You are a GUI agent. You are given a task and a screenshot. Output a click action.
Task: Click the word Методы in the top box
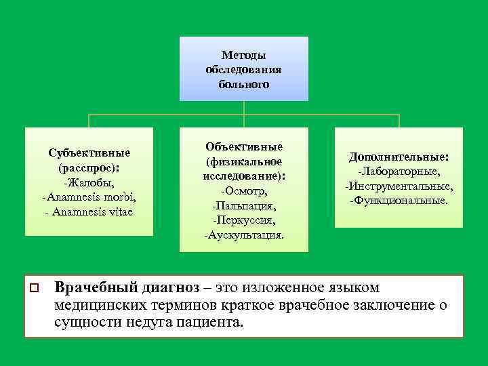[x=243, y=55]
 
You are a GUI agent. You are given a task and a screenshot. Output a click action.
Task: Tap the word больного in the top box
[x=243, y=85]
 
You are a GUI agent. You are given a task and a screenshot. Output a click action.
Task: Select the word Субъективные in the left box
[x=89, y=152]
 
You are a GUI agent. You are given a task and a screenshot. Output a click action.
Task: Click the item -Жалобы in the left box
[x=89, y=182]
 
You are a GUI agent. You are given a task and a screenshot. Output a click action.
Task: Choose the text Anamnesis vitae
[x=94, y=211]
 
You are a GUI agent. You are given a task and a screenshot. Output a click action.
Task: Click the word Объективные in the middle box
[x=244, y=146]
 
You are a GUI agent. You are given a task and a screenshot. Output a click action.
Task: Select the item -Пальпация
[x=244, y=205]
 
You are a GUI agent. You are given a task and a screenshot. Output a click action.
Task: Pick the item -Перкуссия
[x=244, y=220]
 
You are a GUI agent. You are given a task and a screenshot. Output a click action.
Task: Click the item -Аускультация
[x=244, y=235]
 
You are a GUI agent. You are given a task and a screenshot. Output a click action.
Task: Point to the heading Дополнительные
[x=399, y=157]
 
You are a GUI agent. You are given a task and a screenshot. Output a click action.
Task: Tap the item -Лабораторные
[x=399, y=171]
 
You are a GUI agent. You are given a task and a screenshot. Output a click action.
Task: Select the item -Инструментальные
[x=399, y=186]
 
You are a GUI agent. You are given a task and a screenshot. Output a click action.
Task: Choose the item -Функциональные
[x=399, y=201]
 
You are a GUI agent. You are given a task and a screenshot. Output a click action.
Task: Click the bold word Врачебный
[x=93, y=287]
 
